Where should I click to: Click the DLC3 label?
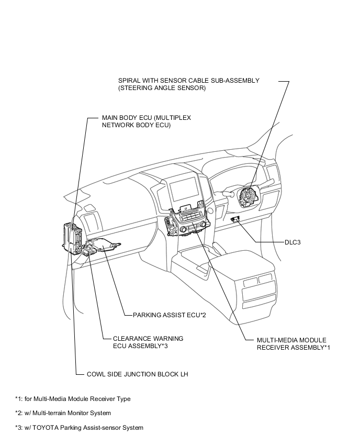(x=292, y=243)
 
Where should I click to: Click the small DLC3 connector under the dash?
(x=237, y=220)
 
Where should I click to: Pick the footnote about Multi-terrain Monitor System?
(x=63, y=413)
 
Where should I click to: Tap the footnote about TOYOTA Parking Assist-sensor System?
(x=79, y=428)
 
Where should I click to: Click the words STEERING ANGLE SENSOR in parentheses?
(x=162, y=88)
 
